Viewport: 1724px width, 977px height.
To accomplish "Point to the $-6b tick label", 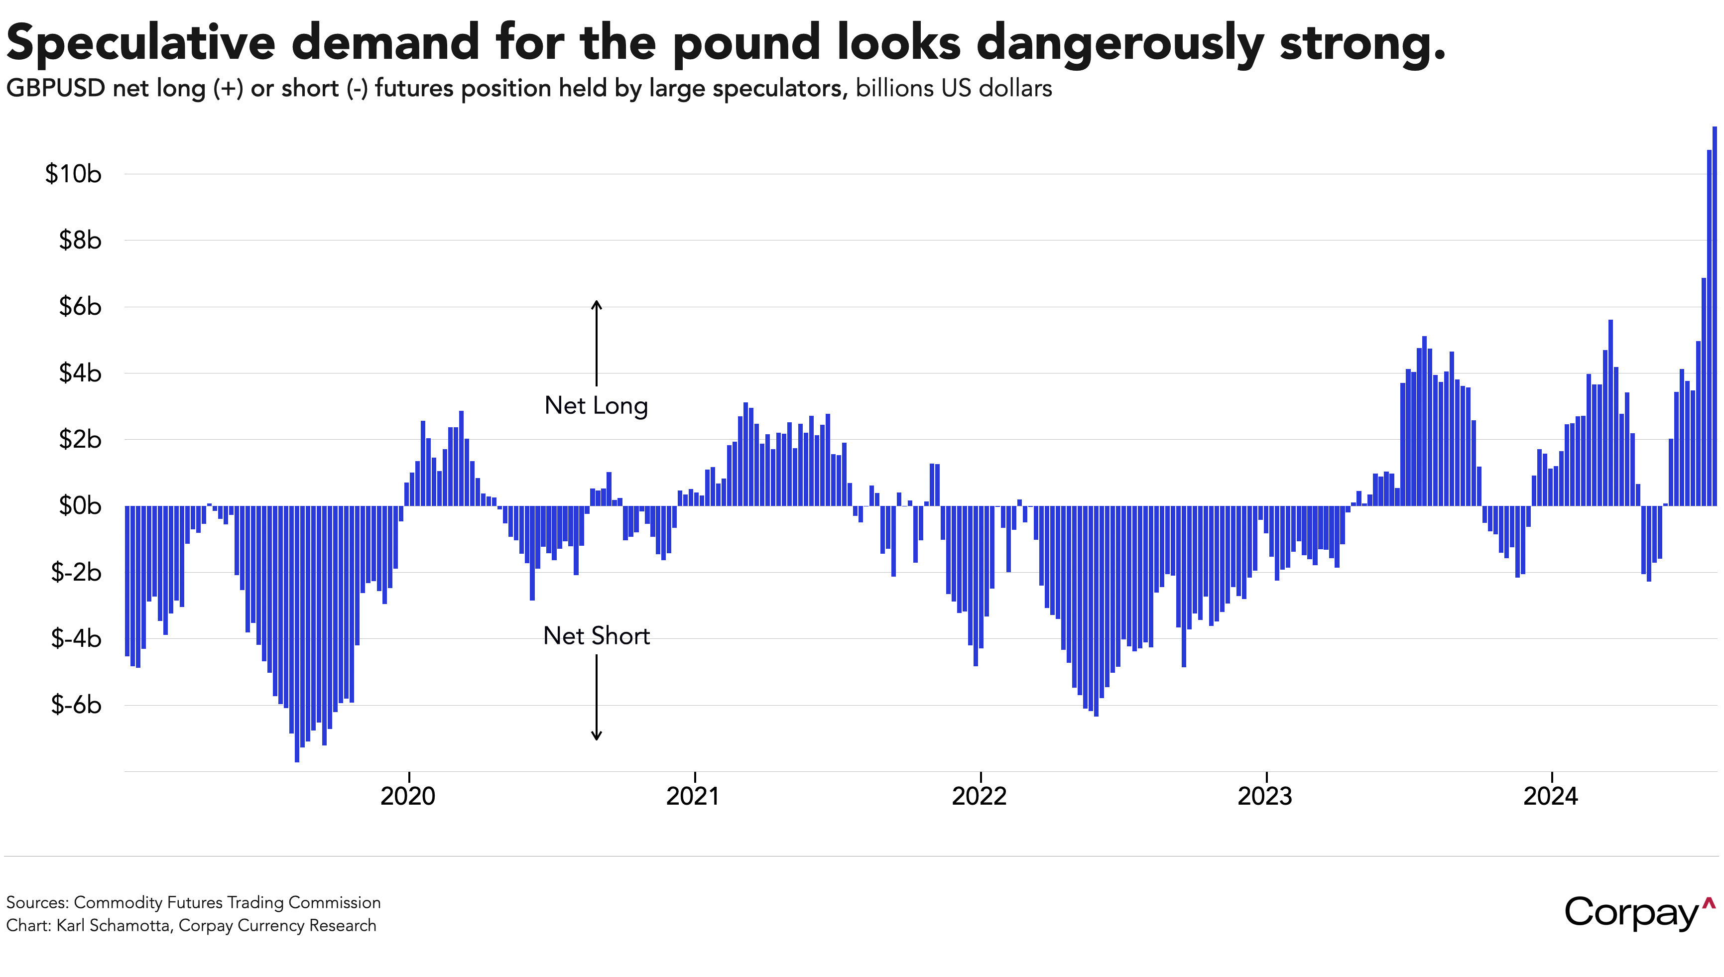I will pos(76,705).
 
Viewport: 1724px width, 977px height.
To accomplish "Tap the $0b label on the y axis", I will pos(80,506).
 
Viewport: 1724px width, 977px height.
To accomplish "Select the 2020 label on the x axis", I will pos(408,797).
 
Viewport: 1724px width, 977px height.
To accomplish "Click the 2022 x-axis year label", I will pos(980,797).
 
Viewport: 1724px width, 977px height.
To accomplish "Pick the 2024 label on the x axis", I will pos(1550,797).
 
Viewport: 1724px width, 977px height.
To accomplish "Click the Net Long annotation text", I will pos(596,406).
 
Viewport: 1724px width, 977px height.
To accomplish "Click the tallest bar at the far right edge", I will pos(1715,315).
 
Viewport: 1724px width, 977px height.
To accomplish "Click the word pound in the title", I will pos(746,43).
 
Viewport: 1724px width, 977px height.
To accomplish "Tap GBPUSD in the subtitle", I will pos(55,89).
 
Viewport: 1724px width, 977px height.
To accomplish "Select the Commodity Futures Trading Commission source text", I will pos(227,902).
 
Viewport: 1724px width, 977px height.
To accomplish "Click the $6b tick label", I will pos(80,307).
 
